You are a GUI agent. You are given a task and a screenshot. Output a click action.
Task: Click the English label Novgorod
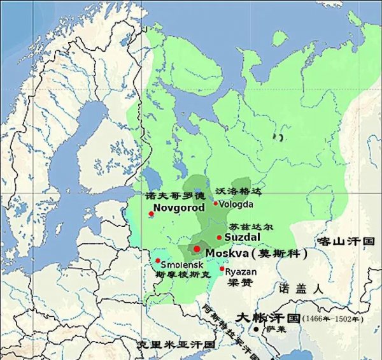180,208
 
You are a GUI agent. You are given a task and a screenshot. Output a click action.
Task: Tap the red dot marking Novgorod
151,214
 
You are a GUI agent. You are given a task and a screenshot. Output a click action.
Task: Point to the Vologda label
236,204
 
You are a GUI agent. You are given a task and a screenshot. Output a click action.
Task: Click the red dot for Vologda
216,204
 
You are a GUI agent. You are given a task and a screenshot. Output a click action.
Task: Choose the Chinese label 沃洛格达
239,191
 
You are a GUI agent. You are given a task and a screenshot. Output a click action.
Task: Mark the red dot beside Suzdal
220,237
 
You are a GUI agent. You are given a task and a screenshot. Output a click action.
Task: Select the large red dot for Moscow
197,248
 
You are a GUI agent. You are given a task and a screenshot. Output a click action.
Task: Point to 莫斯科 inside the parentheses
279,253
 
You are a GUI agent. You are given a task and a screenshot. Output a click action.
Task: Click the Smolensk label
181,263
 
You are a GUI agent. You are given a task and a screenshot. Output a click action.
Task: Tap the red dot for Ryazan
222,269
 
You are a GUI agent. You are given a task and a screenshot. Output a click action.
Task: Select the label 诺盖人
301,288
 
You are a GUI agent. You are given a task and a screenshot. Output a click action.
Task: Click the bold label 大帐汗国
267,317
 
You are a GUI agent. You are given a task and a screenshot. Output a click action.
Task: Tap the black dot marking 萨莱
256,329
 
